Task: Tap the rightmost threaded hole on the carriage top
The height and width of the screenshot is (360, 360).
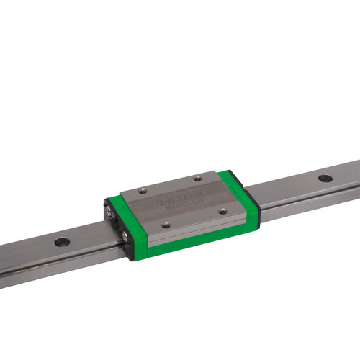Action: tap(222, 211)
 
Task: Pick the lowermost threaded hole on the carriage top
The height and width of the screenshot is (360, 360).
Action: tap(167, 224)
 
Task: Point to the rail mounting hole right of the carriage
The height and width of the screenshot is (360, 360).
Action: tap(325, 176)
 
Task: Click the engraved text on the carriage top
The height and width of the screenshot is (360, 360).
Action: tap(182, 201)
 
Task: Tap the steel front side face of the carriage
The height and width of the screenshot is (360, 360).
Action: tap(191, 226)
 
